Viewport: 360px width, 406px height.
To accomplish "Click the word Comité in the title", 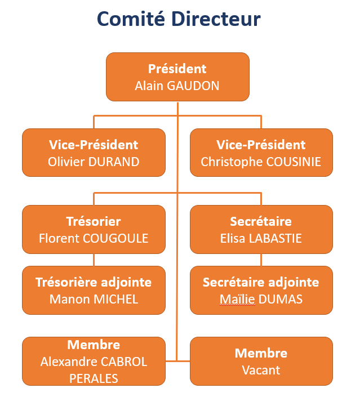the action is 131,19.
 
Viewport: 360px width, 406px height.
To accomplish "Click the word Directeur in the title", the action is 216,19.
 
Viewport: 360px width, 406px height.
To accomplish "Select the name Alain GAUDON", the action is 177,86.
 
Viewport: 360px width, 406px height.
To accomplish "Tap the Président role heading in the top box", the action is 177,69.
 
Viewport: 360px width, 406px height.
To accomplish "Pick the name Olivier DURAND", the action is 94,162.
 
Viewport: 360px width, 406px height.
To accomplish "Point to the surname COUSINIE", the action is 294,162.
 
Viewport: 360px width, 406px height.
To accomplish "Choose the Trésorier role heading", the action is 94,222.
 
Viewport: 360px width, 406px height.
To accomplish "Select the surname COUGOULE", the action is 115,238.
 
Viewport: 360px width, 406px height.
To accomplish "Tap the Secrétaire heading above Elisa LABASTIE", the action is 261,222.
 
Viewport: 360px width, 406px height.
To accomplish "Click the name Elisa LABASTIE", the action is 261,238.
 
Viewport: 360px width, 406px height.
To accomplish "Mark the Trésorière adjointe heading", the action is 94,283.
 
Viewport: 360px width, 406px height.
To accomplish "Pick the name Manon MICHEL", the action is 94,300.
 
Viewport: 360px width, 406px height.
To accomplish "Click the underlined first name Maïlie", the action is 238,300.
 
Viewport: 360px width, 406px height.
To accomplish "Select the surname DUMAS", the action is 281,300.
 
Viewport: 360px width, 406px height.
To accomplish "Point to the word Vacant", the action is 261,371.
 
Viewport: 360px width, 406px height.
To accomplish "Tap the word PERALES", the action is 94,378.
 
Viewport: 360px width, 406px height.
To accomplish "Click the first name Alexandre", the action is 69,362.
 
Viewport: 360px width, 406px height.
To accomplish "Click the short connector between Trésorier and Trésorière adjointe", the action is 94,260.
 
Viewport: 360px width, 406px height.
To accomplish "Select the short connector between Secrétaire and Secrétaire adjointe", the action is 261,260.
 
